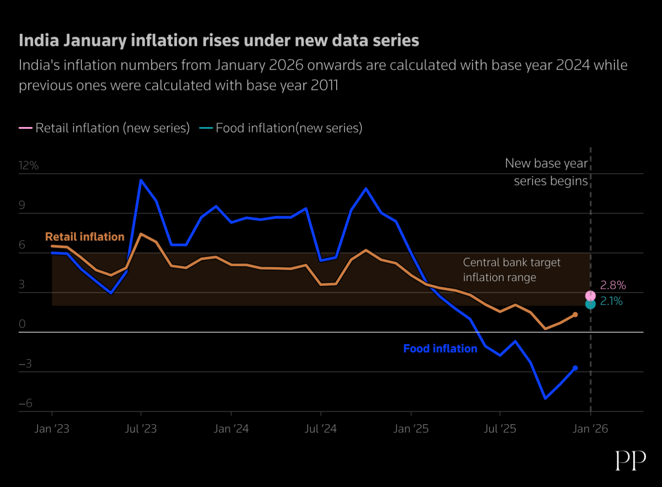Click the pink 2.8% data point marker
[x=590, y=296]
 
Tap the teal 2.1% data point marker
[x=590, y=304]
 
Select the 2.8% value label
[x=613, y=285]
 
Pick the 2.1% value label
[x=611, y=301]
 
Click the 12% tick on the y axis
[x=28, y=166]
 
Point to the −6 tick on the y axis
[x=26, y=403]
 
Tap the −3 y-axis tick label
[x=25, y=363]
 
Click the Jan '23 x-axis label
[x=52, y=429]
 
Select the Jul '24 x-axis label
[x=320, y=429]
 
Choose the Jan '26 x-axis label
[x=590, y=429]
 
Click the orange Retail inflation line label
[x=85, y=237]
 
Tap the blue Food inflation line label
[x=440, y=349]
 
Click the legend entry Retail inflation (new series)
[x=112, y=128]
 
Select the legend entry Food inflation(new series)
[x=289, y=128]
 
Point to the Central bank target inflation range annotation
[x=511, y=270]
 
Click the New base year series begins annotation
[x=546, y=172]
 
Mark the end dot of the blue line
[x=575, y=368]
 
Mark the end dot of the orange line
[x=575, y=315]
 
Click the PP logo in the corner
[x=631, y=461]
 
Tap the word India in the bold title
[x=39, y=41]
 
